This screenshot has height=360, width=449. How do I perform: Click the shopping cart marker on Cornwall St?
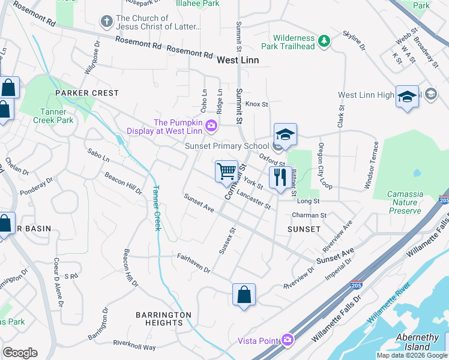point(226,172)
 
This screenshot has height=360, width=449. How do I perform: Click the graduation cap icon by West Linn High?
point(407,97)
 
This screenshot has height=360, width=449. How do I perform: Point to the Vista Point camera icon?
point(288,340)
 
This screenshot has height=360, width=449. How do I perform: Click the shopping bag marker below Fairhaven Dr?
point(244,295)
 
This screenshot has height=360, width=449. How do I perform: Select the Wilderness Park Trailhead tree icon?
point(324,41)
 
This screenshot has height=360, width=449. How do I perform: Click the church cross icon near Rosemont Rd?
point(106,22)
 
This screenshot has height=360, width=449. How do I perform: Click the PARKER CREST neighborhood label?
point(87,94)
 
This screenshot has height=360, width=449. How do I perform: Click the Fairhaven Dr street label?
point(193,263)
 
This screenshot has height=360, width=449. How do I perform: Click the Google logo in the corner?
point(20,353)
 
